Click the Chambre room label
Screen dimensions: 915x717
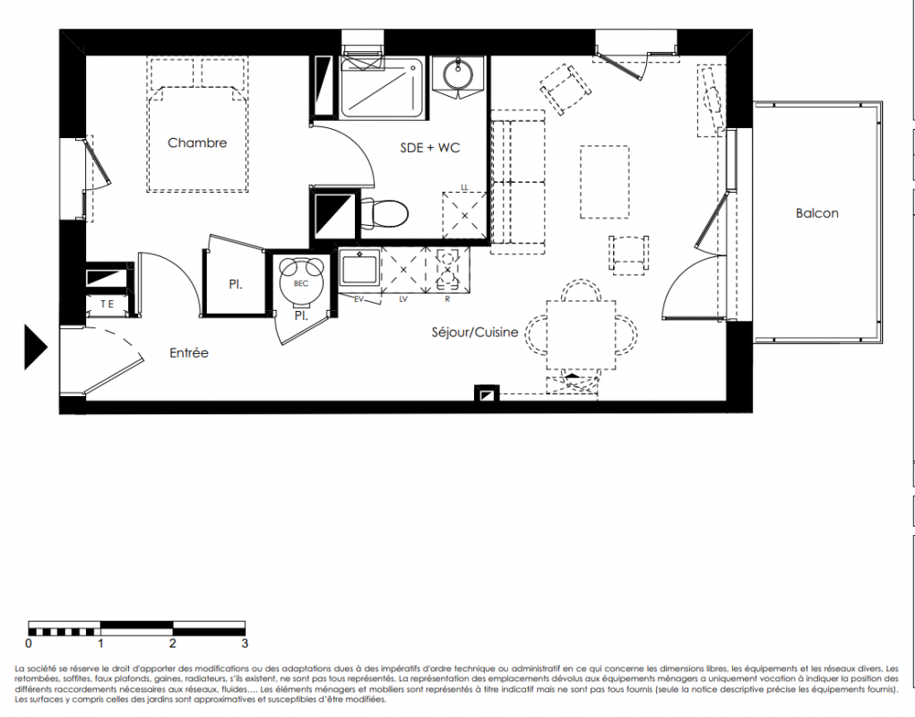pos(197,143)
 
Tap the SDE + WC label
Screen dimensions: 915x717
pos(430,148)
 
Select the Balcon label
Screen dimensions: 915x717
pos(817,213)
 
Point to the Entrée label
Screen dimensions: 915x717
pos(188,353)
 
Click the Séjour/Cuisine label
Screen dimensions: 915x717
pos(475,332)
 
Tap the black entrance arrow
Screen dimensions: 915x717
pos(35,347)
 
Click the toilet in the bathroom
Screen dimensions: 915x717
pos(384,213)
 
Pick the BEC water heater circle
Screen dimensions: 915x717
pos(300,283)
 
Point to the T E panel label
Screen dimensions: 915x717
pos(107,304)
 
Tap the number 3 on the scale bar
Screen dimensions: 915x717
pos(245,644)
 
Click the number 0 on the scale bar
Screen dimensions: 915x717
pos(29,644)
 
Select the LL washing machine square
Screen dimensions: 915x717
pos(464,216)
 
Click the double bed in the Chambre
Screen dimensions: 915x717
pos(197,125)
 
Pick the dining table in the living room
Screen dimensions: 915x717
pos(582,335)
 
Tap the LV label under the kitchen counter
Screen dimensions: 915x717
pos(403,299)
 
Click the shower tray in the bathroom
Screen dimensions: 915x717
pos(383,88)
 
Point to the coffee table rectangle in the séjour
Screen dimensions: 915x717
pos(605,182)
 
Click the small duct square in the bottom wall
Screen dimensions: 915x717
pos(487,393)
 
